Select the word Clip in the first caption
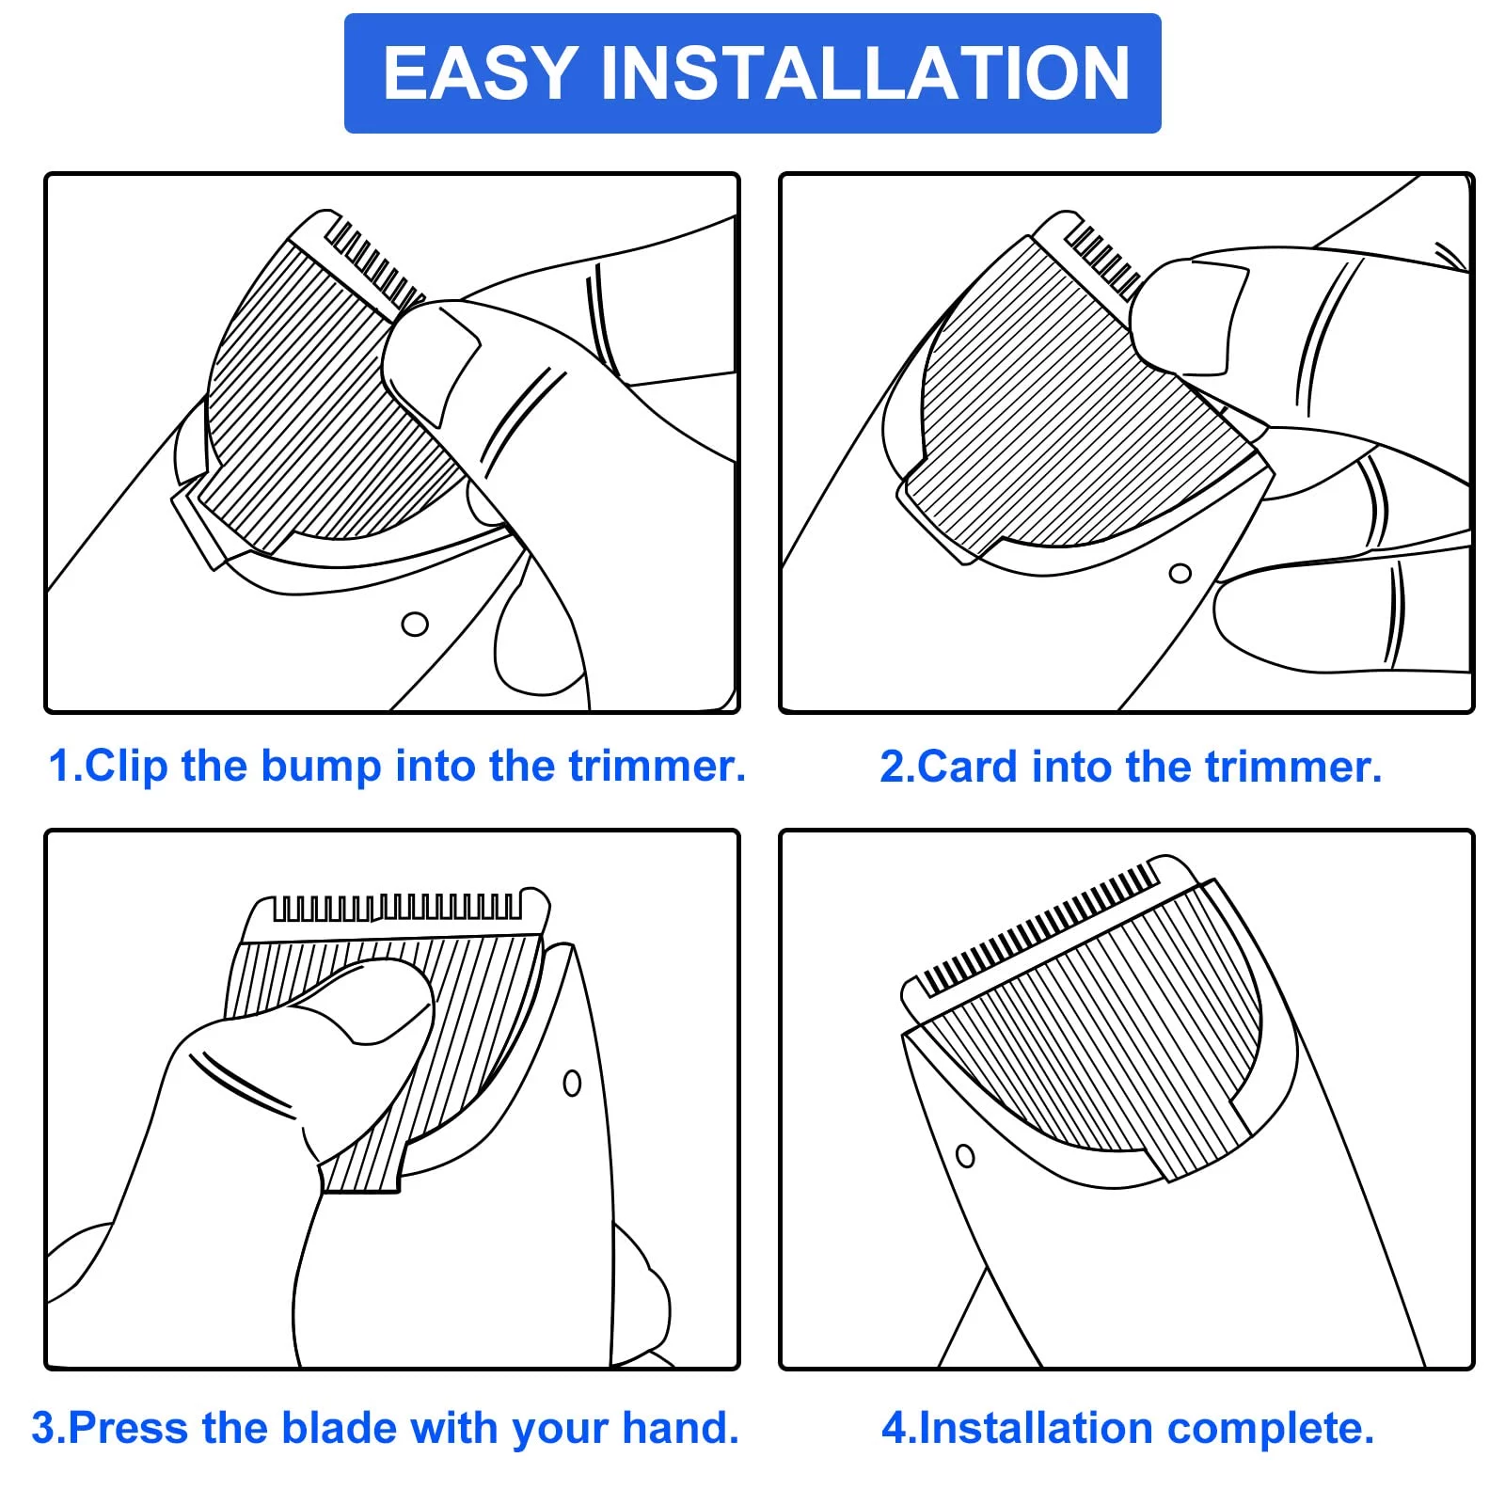pos(127,766)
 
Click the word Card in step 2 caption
pos(967,767)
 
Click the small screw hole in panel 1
pos(415,624)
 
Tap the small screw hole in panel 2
pos(1180,573)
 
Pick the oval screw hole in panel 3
pos(572,1083)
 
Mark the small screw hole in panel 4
pos(965,1155)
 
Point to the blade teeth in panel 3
pos(396,908)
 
